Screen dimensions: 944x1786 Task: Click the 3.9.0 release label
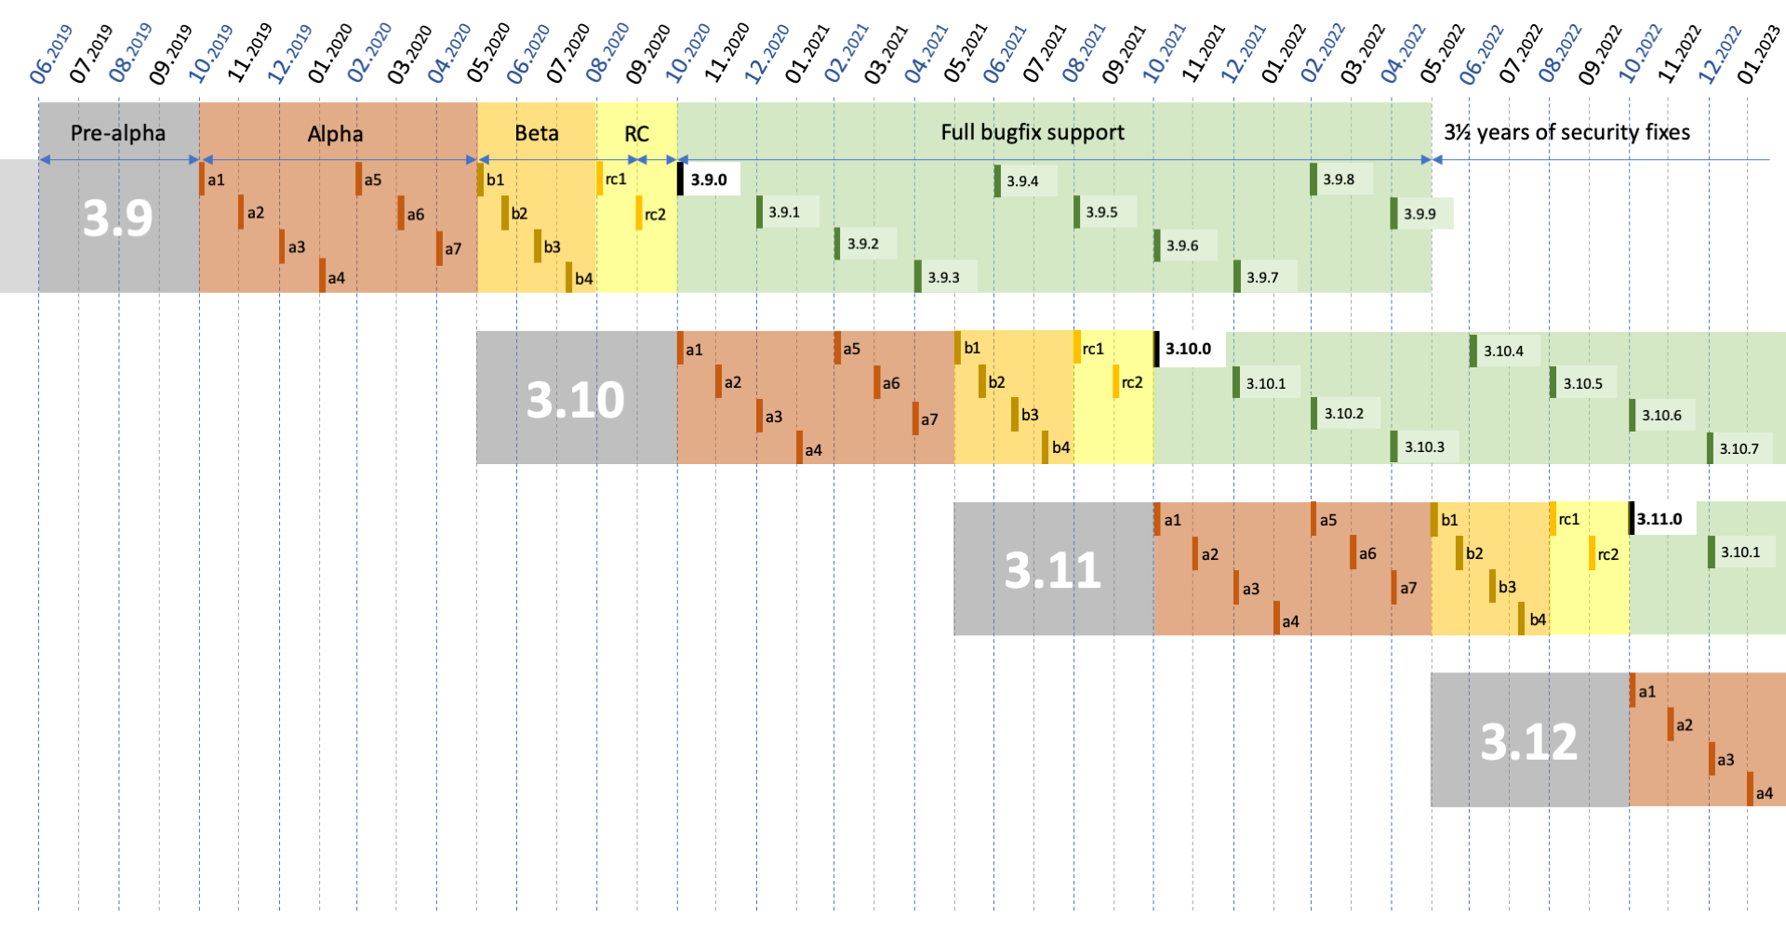(709, 179)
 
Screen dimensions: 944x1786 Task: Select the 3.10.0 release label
(1188, 349)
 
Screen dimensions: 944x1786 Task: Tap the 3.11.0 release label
(1659, 519)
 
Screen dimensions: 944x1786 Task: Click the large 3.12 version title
(1528, 741)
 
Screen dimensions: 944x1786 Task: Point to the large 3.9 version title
(117, 219)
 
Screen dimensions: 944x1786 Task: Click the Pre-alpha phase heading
(118, 133)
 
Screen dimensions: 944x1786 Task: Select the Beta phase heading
(537, 133)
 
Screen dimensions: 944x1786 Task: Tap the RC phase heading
(636, 134)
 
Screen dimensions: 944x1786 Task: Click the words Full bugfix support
(1033, 132)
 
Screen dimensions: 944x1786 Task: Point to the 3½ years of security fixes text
(1566, 132)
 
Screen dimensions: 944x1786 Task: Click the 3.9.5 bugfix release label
(1101, 212)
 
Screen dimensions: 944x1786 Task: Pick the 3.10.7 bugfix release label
(1739, 448)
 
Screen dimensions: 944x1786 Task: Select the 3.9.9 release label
(1419, 214)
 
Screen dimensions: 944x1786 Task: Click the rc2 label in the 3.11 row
(1607, 554)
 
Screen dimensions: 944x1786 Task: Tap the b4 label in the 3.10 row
(1060, 447)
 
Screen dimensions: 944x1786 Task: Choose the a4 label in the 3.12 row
(1764, 793)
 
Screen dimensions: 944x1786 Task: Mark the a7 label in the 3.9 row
(452, 249)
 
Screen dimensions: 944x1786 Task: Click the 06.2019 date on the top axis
(51, 54)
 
